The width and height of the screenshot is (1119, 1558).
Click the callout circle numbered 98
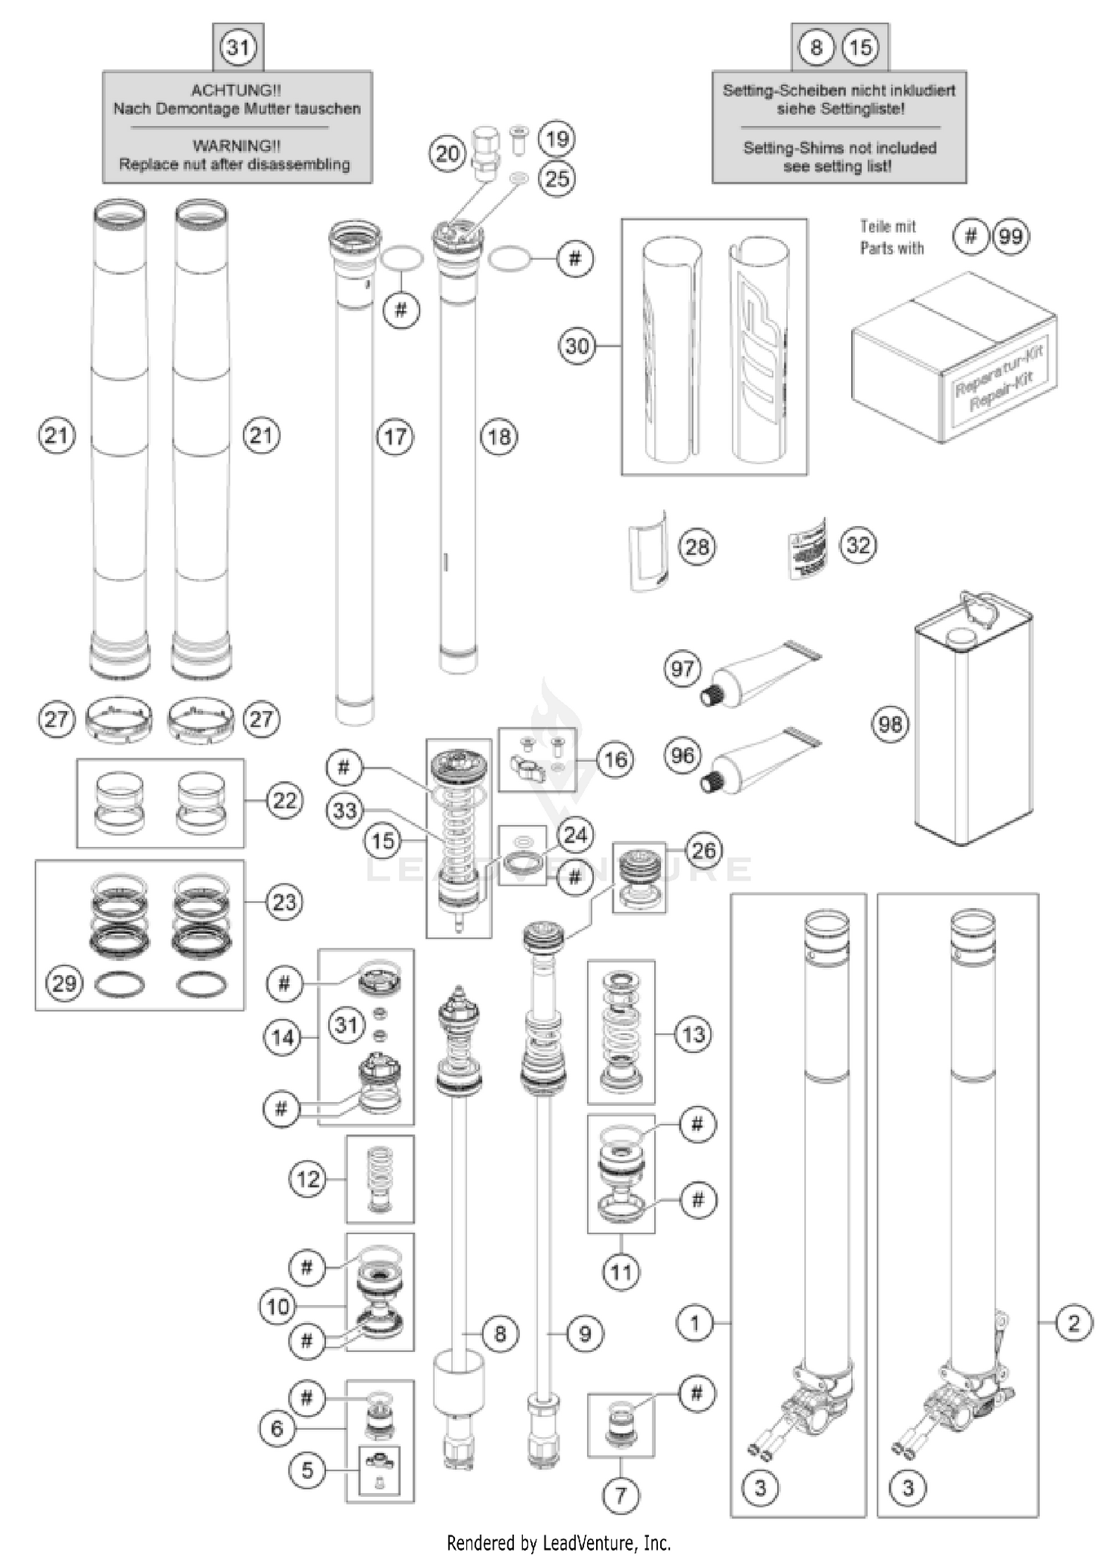click(x=890, y=724)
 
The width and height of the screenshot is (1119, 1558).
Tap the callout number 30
click(x=577, y=345)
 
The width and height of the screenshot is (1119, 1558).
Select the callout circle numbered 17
click(x=395, y=437)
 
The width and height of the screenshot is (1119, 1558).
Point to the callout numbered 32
click(x=858, y=545)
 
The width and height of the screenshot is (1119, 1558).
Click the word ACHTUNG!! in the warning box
click(x=236, y=90)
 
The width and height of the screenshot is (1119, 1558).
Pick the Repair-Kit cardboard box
click(x=953, y=357)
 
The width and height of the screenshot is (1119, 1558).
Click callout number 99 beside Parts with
click(x=1010, y=237)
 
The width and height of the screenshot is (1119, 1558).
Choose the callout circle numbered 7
click(x=621, y=1495)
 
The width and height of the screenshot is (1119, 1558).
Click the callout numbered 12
click(x=307, y=1179)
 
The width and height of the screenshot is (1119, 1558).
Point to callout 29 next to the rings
click(x=64, y=983)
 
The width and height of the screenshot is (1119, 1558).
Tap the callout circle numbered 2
click(x=1073, y=1323)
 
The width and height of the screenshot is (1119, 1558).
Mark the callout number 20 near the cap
click(x=448, y=154)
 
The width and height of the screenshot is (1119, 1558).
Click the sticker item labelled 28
click(x=648, y=551)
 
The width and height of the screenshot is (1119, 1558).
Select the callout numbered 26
click(x=703, y=850)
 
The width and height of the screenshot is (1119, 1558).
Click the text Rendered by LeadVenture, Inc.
click(x=559, y=1542)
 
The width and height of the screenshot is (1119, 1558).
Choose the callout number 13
click(x=693, y=1034)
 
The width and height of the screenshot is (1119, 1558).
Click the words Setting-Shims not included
click(x=839, y=148)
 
